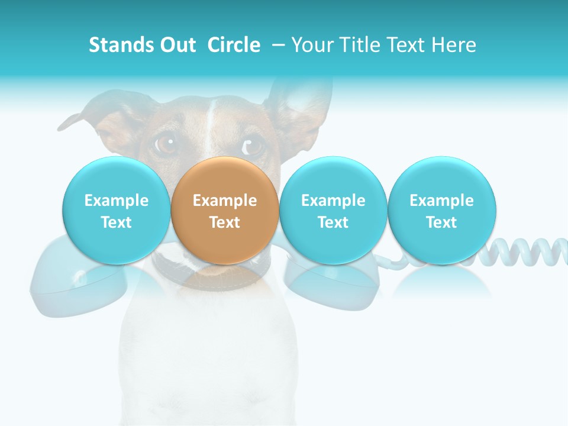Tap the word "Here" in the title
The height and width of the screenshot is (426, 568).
tap(454, 45)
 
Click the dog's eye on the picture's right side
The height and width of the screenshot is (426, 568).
tap(253, 144)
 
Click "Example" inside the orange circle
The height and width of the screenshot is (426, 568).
tap(225, 201)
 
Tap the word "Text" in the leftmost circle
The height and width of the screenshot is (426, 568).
tap(116, 222)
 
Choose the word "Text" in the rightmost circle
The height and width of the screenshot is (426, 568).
tap(442, 222)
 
